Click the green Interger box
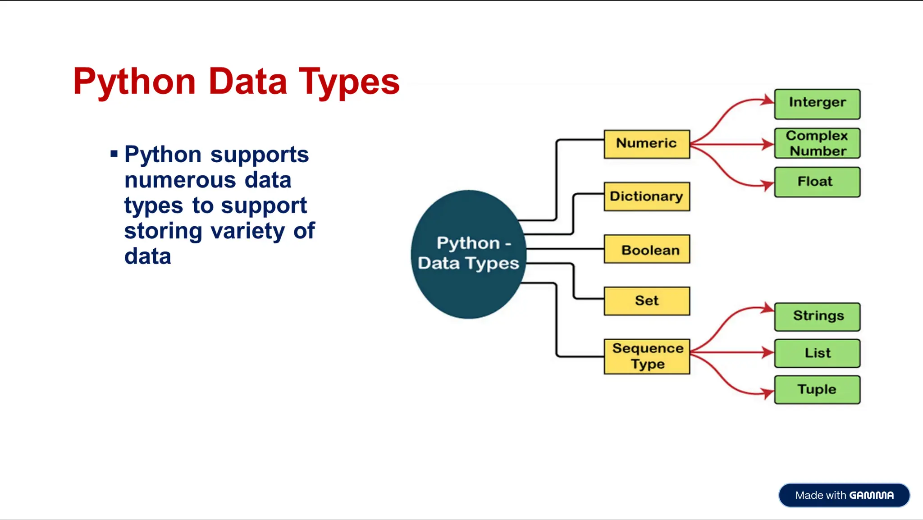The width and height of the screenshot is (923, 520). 817,104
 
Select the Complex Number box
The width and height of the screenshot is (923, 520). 817,143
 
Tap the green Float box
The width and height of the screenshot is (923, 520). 817,182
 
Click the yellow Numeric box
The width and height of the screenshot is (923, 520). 647,144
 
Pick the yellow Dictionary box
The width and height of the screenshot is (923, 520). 647,196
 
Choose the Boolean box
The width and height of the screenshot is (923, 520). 647,249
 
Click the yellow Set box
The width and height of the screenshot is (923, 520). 647,301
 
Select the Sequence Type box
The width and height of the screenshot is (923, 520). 647,356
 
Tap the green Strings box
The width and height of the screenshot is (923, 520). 817,317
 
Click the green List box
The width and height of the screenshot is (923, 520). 817,353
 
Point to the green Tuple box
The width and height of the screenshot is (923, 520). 817,390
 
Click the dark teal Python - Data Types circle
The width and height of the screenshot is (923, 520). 468,254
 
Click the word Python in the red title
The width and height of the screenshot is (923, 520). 134,82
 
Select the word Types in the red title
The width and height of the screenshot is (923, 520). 349,82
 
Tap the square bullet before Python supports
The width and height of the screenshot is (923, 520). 114,155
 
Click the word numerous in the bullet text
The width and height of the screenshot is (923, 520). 180,180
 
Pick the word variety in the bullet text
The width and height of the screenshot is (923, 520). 247,231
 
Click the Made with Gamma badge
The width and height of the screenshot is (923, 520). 844,495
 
